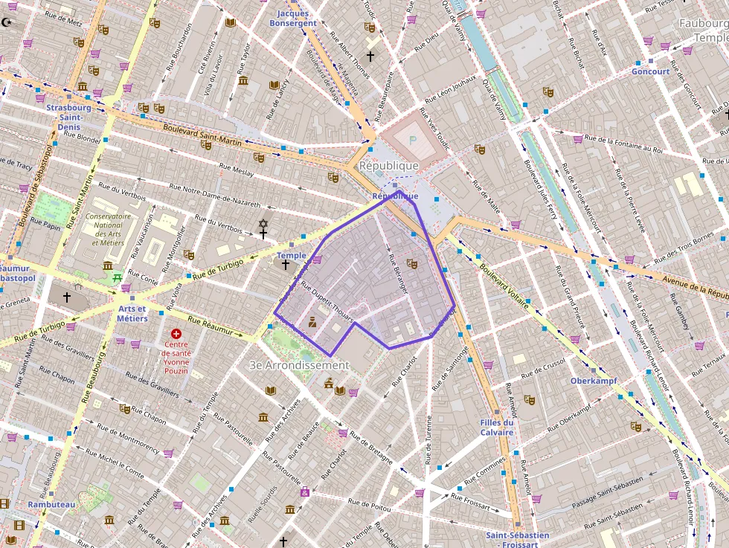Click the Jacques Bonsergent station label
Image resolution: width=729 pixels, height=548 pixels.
(297, 18)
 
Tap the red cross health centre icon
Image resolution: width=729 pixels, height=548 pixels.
(176, 335)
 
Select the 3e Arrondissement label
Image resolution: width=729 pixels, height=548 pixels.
(299, 365)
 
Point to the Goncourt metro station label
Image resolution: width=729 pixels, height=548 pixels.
(650, 71)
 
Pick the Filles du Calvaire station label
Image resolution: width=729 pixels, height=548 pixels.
(497, 428)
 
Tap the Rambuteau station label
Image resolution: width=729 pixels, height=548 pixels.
(51, 504)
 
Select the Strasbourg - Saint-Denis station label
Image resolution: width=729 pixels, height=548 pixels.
(69, 117)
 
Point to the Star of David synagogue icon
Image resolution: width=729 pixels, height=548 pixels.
(262, 223)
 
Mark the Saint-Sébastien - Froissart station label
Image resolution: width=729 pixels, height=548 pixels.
(517, 539)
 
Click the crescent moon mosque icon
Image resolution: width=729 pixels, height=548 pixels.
(8, 22)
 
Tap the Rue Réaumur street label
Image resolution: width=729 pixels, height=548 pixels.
(215, 327)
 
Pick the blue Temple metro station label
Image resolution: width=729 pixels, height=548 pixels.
(291, 255)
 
